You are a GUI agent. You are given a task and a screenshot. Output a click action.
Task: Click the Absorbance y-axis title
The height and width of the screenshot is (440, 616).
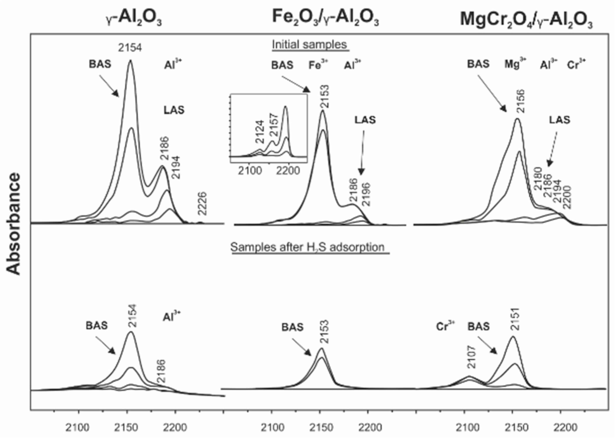13,224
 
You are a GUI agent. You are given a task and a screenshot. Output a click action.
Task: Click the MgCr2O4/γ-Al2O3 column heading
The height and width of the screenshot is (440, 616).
526,20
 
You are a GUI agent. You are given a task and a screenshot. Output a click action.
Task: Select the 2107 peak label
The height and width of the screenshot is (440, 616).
472,357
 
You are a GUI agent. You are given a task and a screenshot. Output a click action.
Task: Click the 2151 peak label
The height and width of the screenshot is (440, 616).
515,319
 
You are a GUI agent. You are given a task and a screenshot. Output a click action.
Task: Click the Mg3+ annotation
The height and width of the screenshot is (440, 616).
515,64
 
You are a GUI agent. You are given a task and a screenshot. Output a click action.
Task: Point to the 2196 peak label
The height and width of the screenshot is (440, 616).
366,195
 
